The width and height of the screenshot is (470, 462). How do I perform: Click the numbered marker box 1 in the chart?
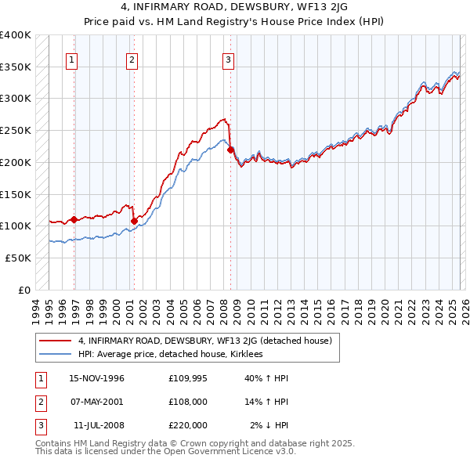pos(71,60)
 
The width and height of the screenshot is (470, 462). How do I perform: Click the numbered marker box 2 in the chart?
pos(131,60)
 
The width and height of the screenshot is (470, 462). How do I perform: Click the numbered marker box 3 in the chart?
pos(228,60)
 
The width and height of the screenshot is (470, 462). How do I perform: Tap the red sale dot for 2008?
pos(230,150)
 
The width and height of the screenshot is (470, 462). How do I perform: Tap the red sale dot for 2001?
pos(134,221)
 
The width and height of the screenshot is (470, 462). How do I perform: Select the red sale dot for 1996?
pos(74,219)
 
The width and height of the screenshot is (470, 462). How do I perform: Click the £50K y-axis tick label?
pos(18,258)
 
